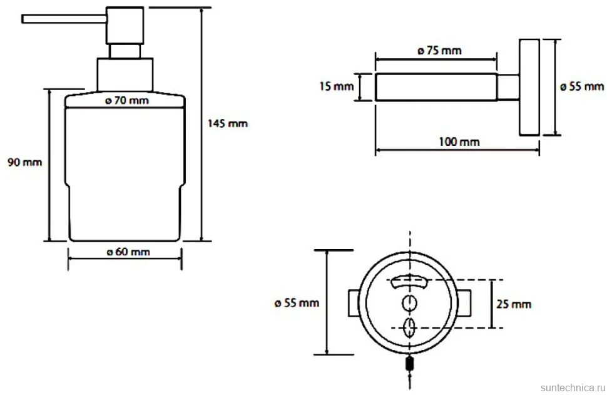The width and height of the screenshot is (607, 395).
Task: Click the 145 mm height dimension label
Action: coord(228,123)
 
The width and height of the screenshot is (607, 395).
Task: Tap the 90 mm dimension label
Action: coord(25,162)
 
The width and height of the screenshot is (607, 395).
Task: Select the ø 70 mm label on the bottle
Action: coord(127,100)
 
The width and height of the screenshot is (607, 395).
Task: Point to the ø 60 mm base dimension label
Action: coord(128,252)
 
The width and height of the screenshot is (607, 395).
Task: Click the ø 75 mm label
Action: coord(439,50)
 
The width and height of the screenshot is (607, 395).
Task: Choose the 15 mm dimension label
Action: coord(337,86)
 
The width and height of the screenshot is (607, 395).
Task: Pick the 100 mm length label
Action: coord(459,141)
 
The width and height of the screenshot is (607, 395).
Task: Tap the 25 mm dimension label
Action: coord(514,304)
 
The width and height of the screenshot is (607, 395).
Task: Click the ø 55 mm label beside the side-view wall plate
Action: coord(582,86)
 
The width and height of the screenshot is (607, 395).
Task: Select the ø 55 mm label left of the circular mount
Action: coord(297,303)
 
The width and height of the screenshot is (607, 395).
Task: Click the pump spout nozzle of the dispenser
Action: coord(64,19)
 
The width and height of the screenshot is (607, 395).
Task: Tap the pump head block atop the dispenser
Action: coord(125,25)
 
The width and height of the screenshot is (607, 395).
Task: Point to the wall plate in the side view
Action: coord(529,88)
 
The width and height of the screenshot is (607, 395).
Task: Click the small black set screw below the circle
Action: coord(410,364)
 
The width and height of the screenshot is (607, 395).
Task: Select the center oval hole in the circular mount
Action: coord(410,303)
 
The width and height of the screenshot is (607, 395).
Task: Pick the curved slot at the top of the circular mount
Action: coord(410,281)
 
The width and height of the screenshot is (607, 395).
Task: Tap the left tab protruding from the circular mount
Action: coord(354,303)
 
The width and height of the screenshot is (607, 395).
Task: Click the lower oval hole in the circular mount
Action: coord(410,327)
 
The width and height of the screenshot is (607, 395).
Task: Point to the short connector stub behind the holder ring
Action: coord(508,87)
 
